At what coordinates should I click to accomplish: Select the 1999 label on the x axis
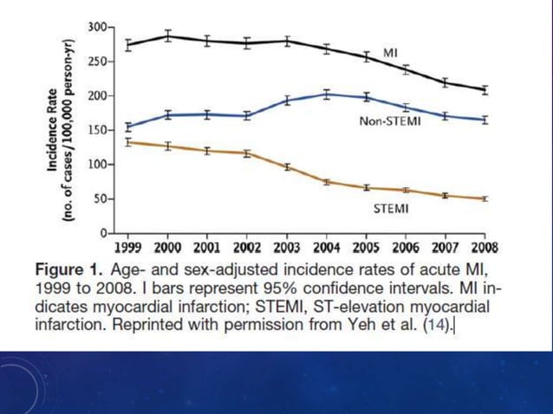[x=129, y=245]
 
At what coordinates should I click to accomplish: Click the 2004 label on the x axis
[x=326, y=245]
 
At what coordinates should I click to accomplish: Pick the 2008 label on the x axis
[x=485, y=245]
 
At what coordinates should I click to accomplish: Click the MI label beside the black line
[x=391, y=54]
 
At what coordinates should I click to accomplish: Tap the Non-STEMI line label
[x=390, y=122]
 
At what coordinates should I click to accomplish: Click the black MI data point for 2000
[x=169, y=36]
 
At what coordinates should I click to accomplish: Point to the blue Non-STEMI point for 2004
[x=327, y=94]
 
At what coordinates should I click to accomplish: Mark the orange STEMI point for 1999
[x=129, y=142]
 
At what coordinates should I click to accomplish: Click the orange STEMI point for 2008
[x=485, y=198]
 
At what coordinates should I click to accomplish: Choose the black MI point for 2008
[x=485, y=89]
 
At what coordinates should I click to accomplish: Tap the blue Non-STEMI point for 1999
[x=129, y=126]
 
